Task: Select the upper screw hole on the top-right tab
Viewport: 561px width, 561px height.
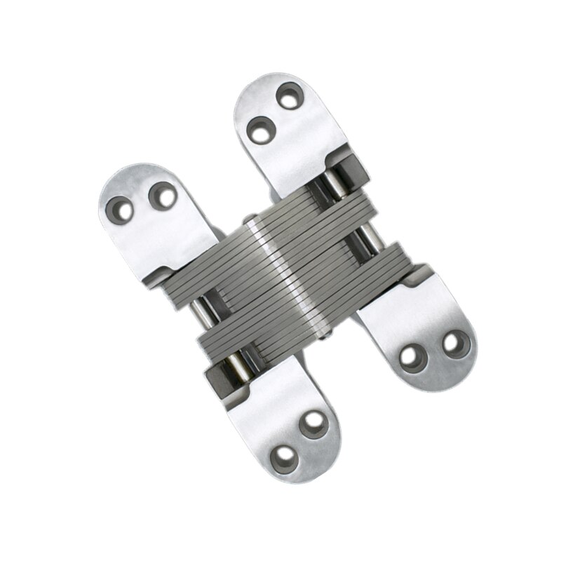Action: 289,96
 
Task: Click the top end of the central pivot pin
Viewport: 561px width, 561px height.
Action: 250,219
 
